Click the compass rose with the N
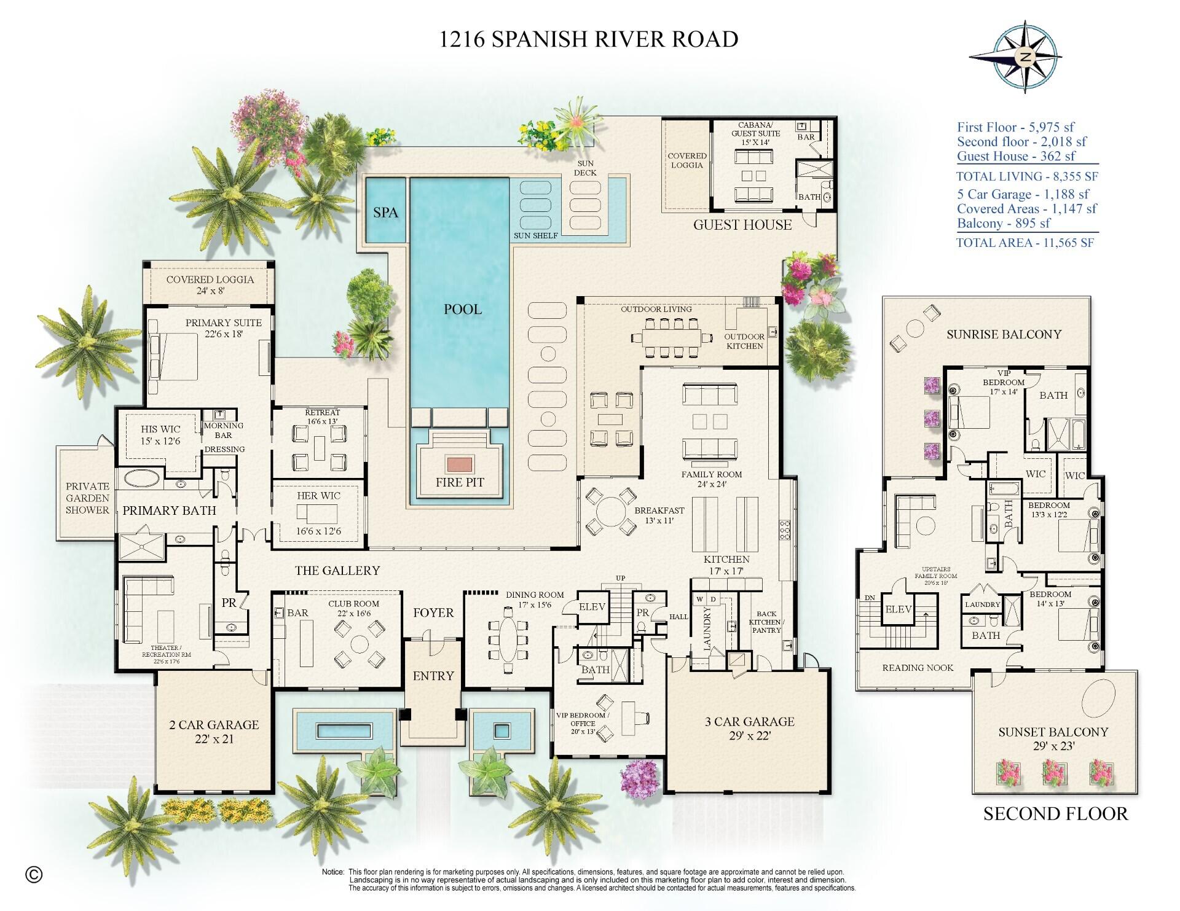[1025, 58]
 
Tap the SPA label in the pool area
[386, 213]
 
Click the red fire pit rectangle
[459, 463]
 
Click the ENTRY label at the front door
[433, 676]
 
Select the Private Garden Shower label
[87, 498]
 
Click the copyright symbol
[34, 874]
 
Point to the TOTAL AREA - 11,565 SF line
[1025, 243]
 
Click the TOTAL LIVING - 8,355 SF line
[1026, 177]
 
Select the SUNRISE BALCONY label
[1004, 334]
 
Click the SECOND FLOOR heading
[1055, 814]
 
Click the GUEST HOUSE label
[742, 225]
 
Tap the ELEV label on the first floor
[592, 607]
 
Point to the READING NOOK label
[918, 668]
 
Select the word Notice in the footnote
[333, 872]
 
